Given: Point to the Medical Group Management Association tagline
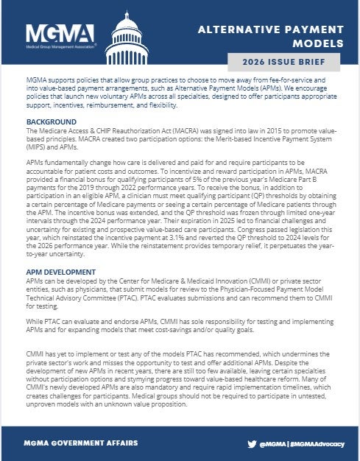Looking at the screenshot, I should [60, 47].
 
